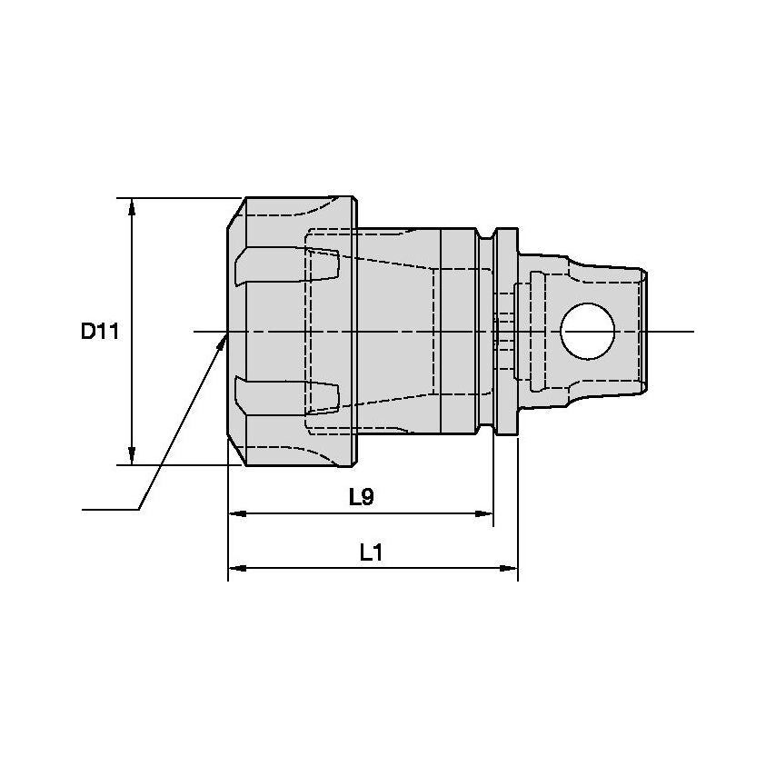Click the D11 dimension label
100,332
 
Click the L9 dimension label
362,497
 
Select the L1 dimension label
370,552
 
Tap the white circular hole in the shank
587,331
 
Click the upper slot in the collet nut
286,265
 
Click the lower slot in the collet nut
286,394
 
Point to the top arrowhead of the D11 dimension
133,206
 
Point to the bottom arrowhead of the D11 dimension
133,455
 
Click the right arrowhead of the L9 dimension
485,514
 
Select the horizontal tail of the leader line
109,509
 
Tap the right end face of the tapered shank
646,332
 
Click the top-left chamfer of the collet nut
234,214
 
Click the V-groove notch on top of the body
489,235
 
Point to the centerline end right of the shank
691,332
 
